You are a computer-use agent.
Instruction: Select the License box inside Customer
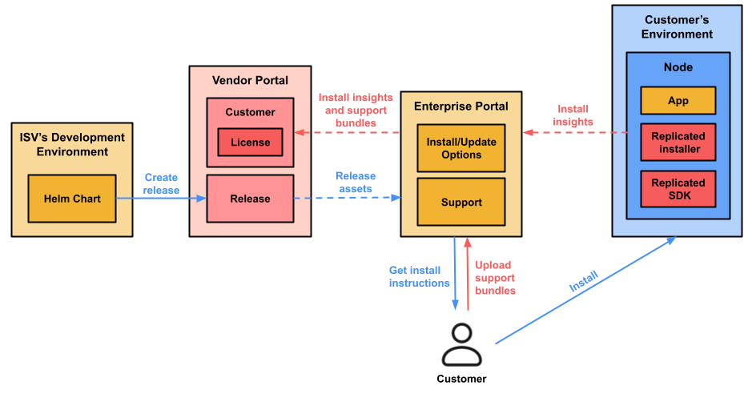250,143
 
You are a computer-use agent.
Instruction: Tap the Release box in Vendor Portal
250,199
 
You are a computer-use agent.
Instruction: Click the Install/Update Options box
460,148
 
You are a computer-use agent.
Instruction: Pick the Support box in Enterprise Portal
460,203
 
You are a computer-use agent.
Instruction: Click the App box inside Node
678,101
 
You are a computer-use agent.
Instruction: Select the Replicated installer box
678,143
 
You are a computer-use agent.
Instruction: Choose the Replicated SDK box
678,188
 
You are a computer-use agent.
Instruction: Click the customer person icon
461,344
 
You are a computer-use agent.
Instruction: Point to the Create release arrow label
161,184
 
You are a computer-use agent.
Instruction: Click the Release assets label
355,183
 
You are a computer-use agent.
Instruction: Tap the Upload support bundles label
495,278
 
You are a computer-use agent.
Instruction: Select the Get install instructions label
419,277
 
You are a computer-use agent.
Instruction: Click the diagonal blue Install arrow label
583,281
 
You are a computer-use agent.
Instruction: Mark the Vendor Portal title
250,80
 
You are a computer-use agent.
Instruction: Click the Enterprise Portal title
460,106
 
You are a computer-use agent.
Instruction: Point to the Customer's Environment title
678,26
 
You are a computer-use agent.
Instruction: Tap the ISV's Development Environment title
72,144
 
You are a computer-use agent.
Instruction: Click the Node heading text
678,68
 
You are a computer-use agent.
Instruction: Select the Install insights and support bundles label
356,111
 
